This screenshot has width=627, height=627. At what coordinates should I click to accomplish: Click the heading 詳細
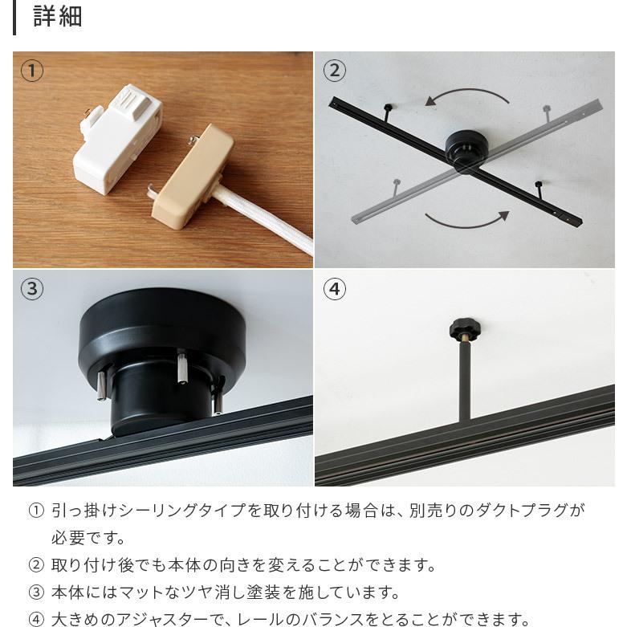(x=58, y=16)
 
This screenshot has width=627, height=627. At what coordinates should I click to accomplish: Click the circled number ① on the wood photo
(x=32, y=71)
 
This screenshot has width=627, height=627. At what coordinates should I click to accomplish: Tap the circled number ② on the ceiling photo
(x=334, y=71)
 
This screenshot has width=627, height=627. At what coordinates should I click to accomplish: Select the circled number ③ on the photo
(x=32, y=289)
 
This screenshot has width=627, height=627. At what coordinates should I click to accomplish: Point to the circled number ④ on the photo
(x=334, y=289)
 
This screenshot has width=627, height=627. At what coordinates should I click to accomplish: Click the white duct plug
(x=118, y=139)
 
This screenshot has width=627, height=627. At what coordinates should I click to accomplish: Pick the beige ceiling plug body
(x=193, y=176)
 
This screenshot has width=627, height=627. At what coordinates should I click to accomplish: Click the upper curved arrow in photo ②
(x=467, y=90)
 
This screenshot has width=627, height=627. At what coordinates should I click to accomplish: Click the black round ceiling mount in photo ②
(x=466, y=152)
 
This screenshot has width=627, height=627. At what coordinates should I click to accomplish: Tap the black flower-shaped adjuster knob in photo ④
(x=465, y=328)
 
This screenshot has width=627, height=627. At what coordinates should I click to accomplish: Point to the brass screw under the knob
(x=465, y=342)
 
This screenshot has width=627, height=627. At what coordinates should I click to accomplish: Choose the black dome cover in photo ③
(x=162, y=332)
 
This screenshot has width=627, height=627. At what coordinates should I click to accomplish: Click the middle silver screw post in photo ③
(x=182, y=367)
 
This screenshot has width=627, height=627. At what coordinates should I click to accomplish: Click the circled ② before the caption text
(x=36, y=565)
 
